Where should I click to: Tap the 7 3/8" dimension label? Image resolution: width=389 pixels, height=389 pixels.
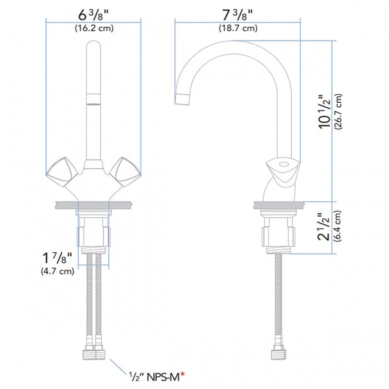pos(237,14)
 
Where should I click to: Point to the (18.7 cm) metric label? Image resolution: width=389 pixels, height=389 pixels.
pos(237,28)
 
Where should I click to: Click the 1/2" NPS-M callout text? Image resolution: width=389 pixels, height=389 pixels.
pos(156,376)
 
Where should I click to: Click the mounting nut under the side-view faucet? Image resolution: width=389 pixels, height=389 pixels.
pos(276,233)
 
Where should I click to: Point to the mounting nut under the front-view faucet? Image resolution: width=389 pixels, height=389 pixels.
pos(93,233)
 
